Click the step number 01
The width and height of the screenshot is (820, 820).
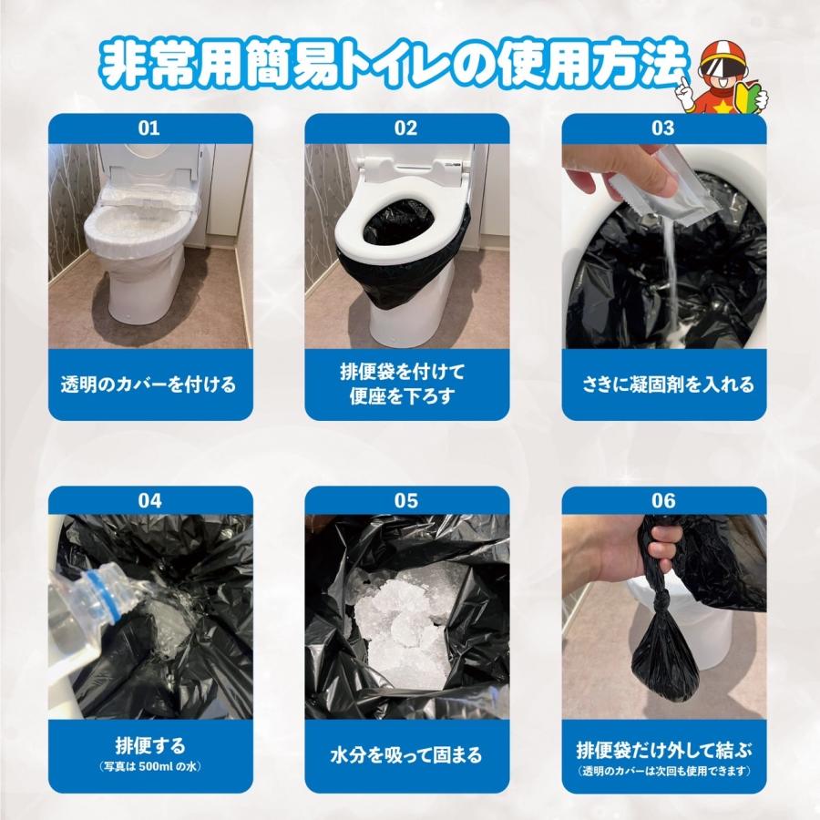coord(149,128)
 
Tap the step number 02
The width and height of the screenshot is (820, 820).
coord(405,128)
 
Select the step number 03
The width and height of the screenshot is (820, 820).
coord(662,128)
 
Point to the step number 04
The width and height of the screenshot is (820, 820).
coord(149,500)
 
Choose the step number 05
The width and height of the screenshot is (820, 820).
coord(405,500)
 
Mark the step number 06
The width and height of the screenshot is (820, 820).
coord(662,500)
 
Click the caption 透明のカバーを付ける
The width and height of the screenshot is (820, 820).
coord(149,384)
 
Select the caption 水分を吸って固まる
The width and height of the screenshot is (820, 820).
coord(405,755)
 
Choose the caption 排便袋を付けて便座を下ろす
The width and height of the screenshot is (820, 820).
coord(406,384)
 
